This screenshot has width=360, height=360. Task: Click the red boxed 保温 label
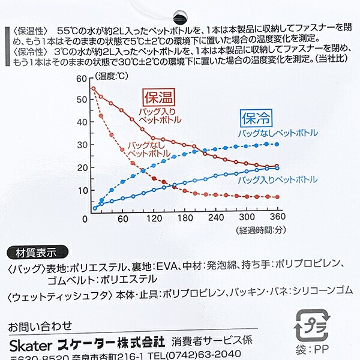pyautogui.click(x=158, y=97)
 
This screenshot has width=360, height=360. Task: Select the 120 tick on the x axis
pyautogui.click(x=155, y=218)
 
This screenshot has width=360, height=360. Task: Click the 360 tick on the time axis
pyautogui.click(x=277, y=218)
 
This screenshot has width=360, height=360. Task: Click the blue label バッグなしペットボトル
pyautogui.click(x=277, y=132)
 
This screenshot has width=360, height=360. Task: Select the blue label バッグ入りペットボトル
pyautogui.click(x=277, y=179)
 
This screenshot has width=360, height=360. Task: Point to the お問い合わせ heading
pyautogui.click(x=40, y=327)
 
